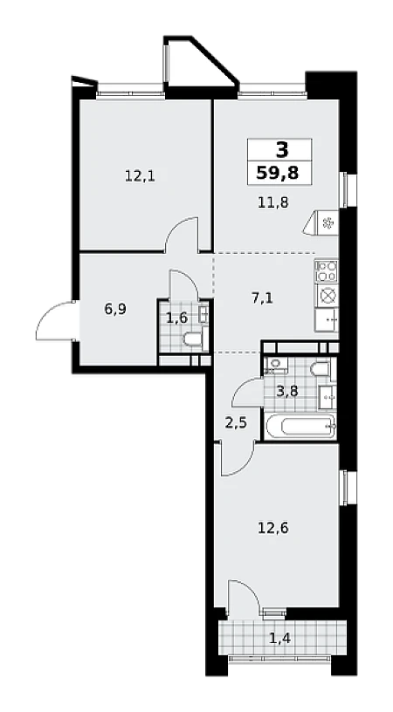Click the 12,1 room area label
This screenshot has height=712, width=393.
(140, 175)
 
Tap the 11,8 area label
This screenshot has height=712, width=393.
(273, 202)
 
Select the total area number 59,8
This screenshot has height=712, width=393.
(279, 173)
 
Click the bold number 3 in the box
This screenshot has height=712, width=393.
(282, 149)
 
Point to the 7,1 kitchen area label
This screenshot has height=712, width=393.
(263, 298)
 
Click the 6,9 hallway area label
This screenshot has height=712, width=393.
(116, 309)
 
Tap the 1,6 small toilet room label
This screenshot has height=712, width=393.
(176, 318)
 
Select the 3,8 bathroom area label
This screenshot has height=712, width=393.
(287, 391)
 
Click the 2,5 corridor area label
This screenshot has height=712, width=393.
(237, 424)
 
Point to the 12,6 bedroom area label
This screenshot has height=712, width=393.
(272, 528)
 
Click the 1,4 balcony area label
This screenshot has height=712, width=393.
(279, 640)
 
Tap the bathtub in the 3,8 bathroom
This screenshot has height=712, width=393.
(300, 426)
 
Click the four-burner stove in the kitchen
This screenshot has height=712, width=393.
(327, 270)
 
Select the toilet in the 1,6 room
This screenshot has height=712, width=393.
(193, 339)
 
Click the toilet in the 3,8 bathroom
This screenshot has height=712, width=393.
(322, 369)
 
